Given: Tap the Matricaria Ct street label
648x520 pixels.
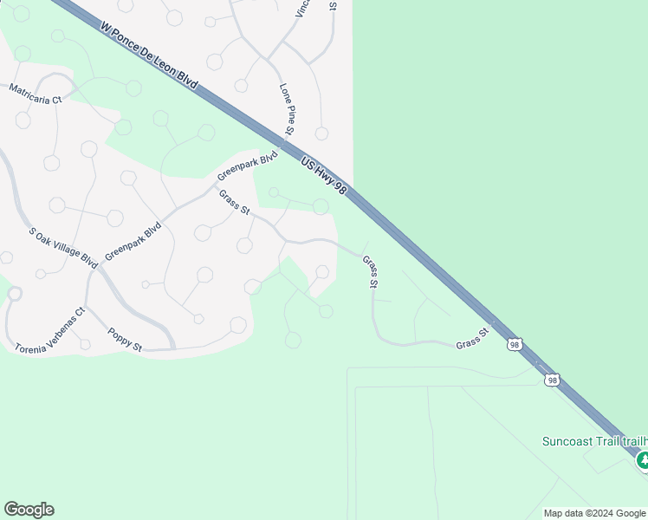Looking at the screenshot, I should pos(36,94).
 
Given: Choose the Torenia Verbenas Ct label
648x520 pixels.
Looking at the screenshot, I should pos(50,330).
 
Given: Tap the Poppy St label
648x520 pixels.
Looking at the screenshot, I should pos(125,339).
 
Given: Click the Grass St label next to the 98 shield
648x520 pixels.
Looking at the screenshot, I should pos(473,338).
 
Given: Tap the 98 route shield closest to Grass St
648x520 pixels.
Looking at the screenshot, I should pos(515,345).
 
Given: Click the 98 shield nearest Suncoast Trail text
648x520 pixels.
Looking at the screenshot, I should pos(552,380).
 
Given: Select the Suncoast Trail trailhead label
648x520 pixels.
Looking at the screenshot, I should pos(594,440).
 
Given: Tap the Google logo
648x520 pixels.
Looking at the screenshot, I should pos(29,510).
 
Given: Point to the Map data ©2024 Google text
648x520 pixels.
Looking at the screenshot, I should pos(595,513).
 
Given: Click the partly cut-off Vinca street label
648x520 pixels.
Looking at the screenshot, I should pos(301,9).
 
